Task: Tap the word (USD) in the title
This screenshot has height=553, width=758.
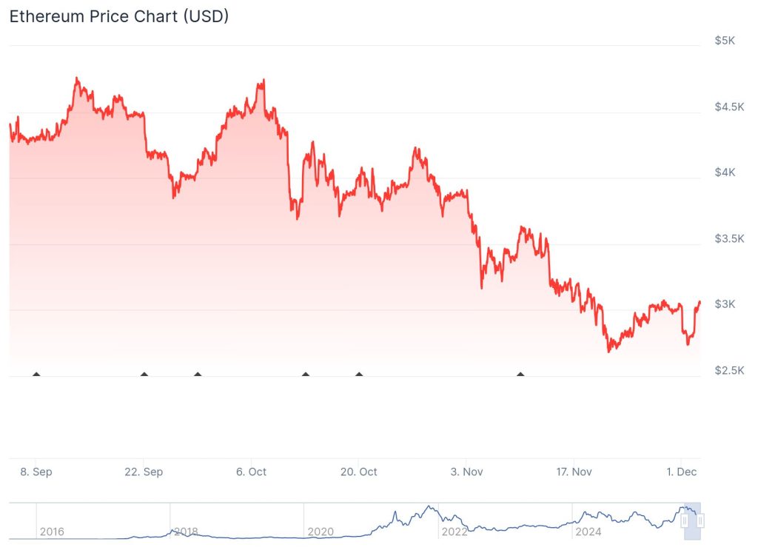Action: tap(205, 16)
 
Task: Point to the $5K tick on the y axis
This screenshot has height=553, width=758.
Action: tap(725, 41)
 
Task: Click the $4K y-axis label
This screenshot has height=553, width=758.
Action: tap(725, 172)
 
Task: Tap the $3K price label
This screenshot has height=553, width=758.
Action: tap(725, 304)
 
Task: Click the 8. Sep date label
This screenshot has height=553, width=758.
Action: tap(36, 472)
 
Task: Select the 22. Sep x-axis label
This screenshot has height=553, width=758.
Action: tap(144, 472)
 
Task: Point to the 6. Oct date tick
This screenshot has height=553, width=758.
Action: tap(251, 472)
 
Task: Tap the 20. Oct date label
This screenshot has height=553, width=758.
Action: tap(358, 472)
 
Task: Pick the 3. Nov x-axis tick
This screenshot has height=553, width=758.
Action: tap(466, 472)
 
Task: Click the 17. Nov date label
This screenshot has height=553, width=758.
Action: tap(574, 472)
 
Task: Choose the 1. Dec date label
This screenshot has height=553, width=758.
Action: tap(681, 472)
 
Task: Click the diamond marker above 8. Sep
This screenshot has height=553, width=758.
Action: tap(36, 375)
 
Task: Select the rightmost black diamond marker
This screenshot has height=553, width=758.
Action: tap(520, 375)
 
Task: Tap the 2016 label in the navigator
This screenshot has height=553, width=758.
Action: tap(52, 532)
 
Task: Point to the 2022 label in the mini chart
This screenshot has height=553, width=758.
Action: tap(454, 532)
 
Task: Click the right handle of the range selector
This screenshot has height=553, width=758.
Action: tap(700, 521)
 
